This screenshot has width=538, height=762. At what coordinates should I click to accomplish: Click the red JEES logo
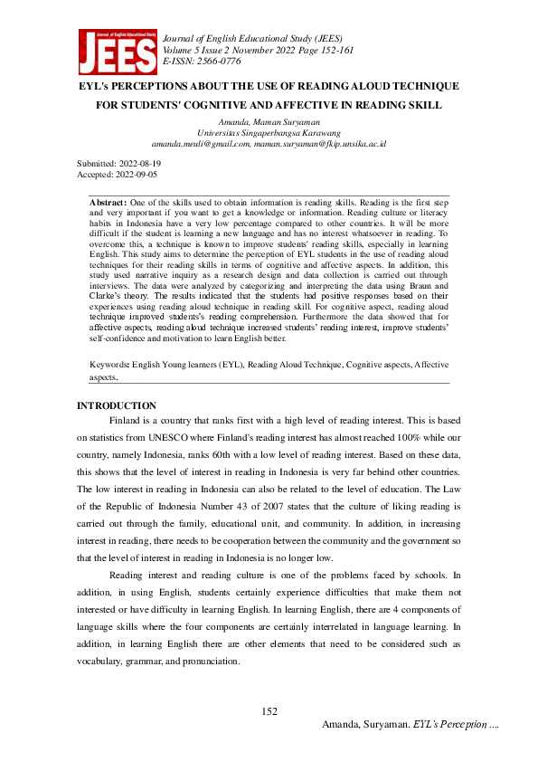(116, 52)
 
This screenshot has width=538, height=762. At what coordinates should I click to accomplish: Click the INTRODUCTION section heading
(117, 405)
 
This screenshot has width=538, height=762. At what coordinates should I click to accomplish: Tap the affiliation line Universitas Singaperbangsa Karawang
(269, 132)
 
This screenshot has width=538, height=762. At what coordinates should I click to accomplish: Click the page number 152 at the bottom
(269, 712)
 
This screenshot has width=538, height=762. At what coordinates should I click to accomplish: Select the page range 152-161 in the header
(342, 51)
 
